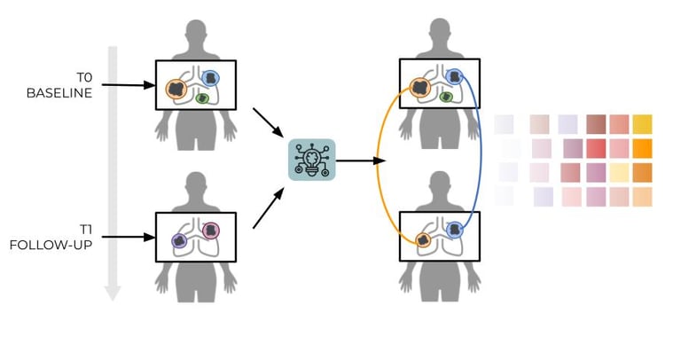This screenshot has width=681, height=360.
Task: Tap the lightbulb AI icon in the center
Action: pyautogui.click(x=312, y=160)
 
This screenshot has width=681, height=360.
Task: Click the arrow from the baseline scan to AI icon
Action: pyautogui.click(x=268, y=123)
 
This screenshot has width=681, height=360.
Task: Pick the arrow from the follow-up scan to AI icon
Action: pyautogui.click(x=268, y=208)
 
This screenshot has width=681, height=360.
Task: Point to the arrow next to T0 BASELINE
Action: pyautogui.click(x=128, y=85)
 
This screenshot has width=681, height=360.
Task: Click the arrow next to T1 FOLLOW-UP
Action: pyautogui.click(x=128, y=237)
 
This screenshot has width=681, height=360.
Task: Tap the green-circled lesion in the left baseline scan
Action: pyautogui.click(x=201, y=98)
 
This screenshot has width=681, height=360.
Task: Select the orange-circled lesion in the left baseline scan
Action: pyautogui.click(x=177, y=89)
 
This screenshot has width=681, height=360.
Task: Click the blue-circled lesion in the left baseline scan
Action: pyautogui.click(x=211, y=79)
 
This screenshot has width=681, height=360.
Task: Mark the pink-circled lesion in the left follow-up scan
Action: pyautogui.click(x=212, y=231)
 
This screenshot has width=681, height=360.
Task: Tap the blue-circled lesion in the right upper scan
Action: pyautogui.click(x=455, y=77)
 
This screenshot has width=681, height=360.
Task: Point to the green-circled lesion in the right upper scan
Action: pyautogui.click(x=446, y=97)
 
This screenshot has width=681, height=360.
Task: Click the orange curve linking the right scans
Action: pyautogui.click(x=378, y=164)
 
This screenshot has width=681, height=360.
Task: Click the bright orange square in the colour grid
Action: pyautogui.click(x=642, y=148)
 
